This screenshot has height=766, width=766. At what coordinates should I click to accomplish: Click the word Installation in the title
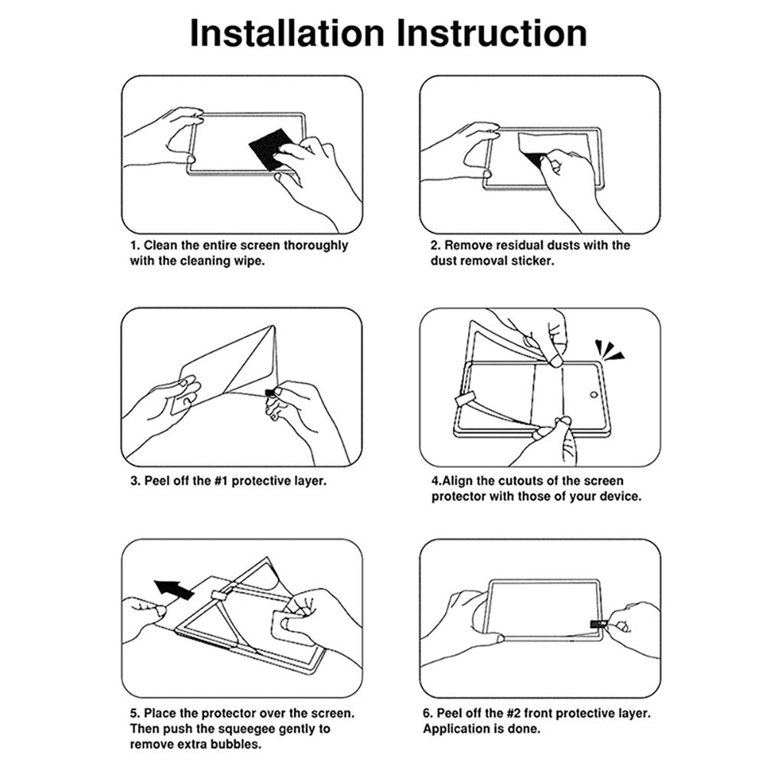point(286,33)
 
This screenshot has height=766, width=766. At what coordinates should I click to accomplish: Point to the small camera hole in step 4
point(594,396)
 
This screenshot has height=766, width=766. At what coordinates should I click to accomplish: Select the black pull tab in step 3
point(270,393)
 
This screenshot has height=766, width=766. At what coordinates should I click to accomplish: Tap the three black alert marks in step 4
point(611,352)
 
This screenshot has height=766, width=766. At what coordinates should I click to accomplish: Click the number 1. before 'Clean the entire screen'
point(134,246)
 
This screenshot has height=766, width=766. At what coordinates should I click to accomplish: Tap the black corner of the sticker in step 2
point(534,159)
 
